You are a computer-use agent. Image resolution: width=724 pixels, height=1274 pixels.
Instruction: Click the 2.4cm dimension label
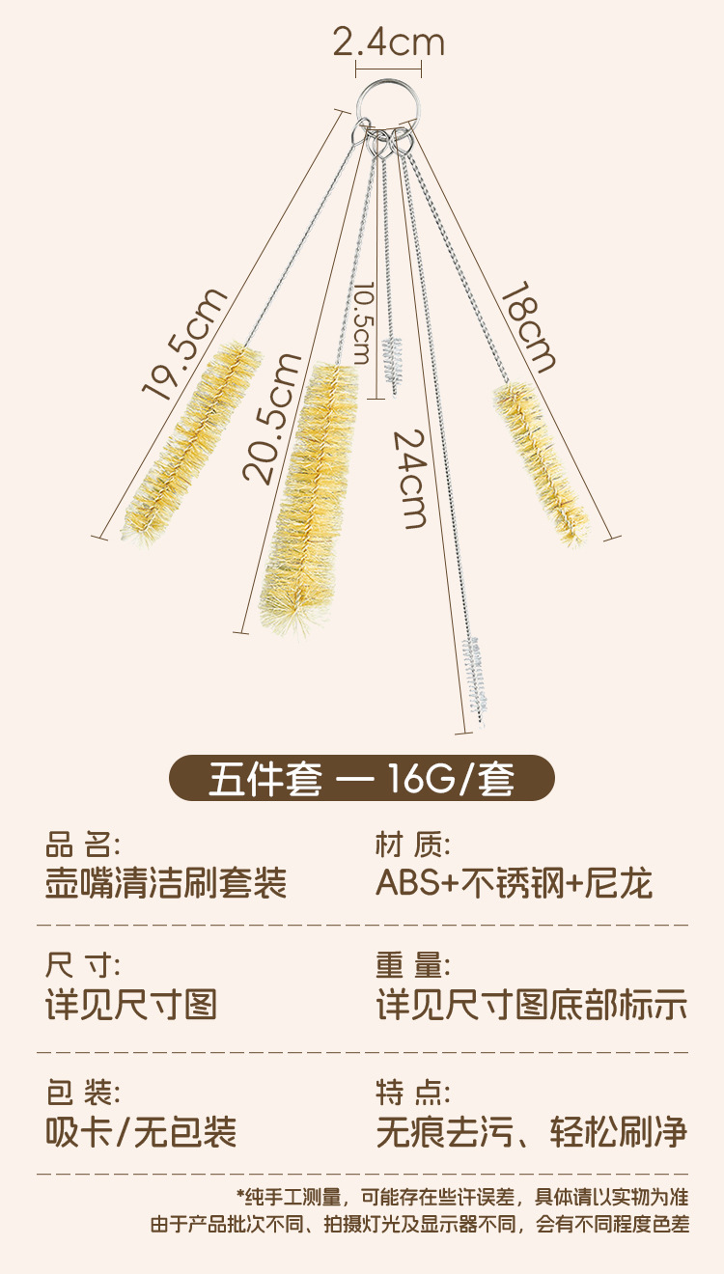click(388, 42)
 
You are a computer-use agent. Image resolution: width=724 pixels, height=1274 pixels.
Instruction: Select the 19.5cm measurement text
click(184, 344)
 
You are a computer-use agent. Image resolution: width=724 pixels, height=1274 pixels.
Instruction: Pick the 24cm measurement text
click(410, 479)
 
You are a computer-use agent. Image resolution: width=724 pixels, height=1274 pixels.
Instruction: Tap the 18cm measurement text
click(526, 327)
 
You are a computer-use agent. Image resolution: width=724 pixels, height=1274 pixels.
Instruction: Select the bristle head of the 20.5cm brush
click(308, 497)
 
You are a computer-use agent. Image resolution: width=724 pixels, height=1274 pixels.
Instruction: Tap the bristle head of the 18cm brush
click(541, 462)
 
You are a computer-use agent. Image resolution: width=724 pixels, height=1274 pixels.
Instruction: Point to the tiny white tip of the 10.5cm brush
click(391, 358)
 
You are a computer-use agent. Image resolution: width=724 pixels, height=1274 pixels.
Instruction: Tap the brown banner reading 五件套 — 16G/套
click(362, 779)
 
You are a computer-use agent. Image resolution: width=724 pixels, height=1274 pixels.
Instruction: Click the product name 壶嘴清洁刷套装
click(166, 883)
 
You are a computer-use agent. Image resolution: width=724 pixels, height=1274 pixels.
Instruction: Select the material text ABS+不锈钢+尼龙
click(514, 883)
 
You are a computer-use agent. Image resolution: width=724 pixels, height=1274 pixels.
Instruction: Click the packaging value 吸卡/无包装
click(141, 1131)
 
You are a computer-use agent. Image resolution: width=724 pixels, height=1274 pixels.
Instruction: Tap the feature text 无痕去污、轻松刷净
click(531, 1131)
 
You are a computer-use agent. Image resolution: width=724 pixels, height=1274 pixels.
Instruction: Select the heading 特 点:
click(412, 1094)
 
